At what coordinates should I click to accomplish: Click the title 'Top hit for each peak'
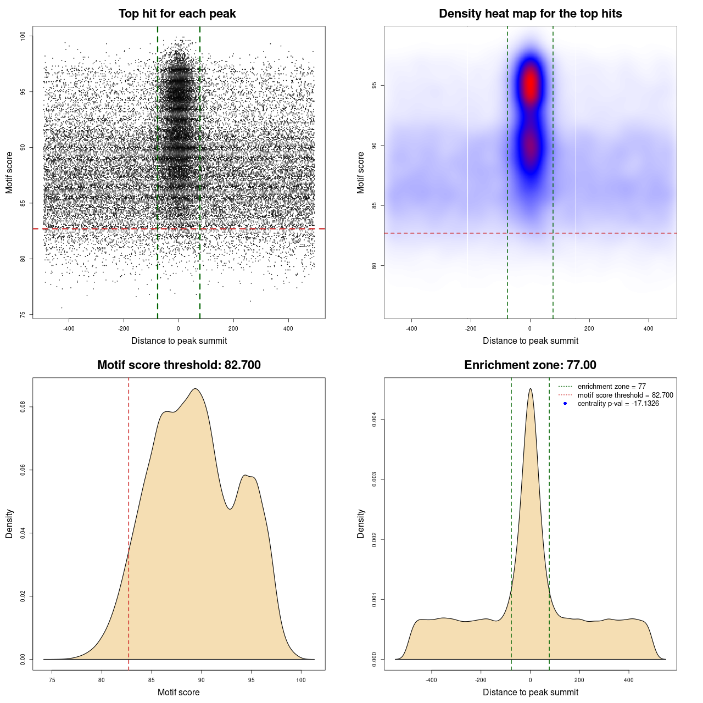pos(177,14)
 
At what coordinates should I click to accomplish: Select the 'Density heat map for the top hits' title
pos(530,14)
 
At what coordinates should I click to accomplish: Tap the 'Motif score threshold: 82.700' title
pos(178,365)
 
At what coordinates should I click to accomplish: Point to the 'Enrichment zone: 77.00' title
pos(530,365)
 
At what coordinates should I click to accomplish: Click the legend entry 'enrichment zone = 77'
pos(611,387)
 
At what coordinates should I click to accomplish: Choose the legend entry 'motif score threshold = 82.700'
pos(625,395)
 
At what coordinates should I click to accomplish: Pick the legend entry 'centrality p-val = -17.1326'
pos(618,404)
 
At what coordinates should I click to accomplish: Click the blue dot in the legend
pos(565,404)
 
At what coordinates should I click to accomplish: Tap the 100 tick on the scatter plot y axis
pos(23,36)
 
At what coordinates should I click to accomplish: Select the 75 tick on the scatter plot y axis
pos(23,315)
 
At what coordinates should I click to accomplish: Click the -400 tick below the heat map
pos(411,328)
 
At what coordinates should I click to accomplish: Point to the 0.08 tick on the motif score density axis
pos(23,407)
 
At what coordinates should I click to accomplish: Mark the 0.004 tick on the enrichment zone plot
pos(375,420)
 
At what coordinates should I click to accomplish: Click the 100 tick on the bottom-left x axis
pos(301,680)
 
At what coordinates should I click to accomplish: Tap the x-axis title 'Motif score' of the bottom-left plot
pos(178,692)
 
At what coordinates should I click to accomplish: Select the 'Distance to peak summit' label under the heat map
pos(530,341)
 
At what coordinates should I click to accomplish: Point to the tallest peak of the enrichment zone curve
pos(530,389)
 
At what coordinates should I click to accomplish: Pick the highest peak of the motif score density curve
pos(195,389)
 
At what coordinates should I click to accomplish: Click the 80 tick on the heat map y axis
pos(375,266)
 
